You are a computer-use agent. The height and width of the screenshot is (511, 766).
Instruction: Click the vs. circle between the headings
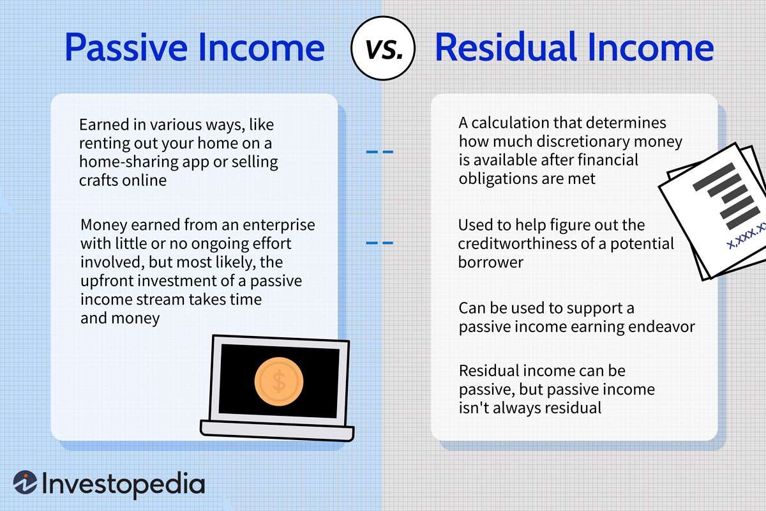coord(383,49)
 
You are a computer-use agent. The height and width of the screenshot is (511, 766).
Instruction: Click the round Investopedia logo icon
coord(26,484)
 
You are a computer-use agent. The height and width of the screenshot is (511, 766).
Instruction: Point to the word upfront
coord(106,282)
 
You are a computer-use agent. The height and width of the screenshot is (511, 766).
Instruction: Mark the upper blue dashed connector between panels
coord(379,152)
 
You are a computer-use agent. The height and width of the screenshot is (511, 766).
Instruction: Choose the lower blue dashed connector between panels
coord(379,243)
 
